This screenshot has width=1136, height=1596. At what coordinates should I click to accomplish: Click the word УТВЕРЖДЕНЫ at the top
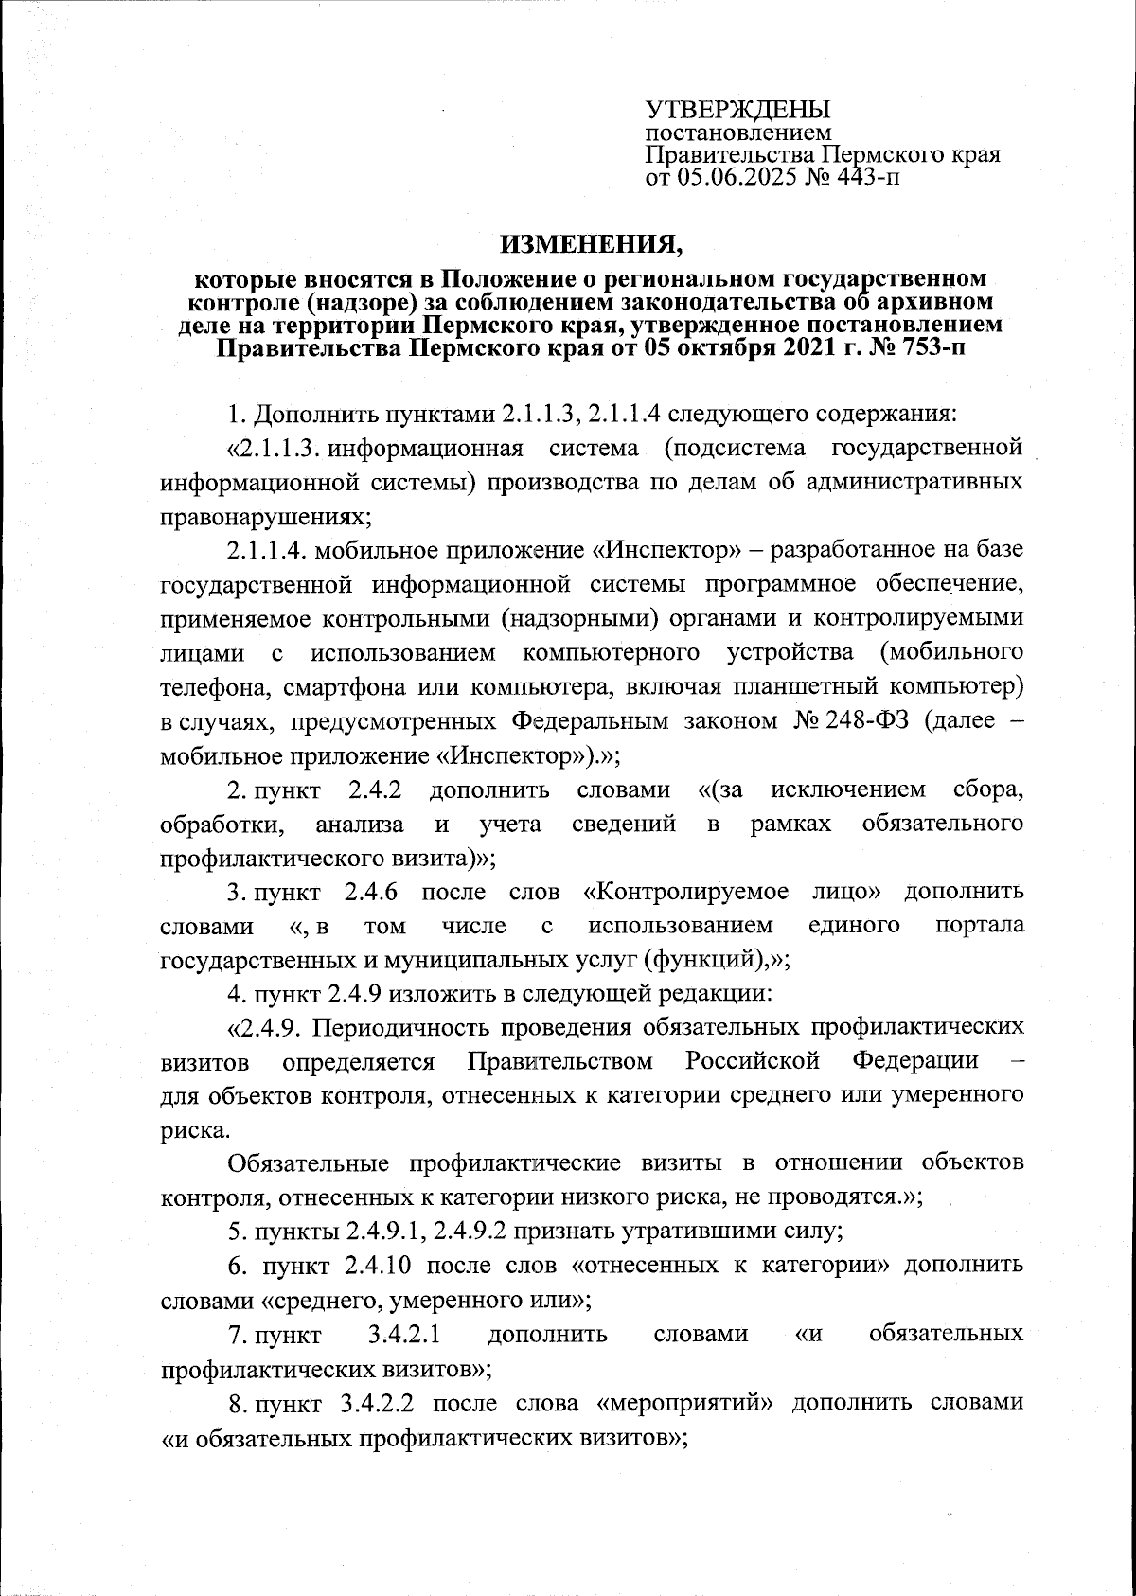737,110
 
